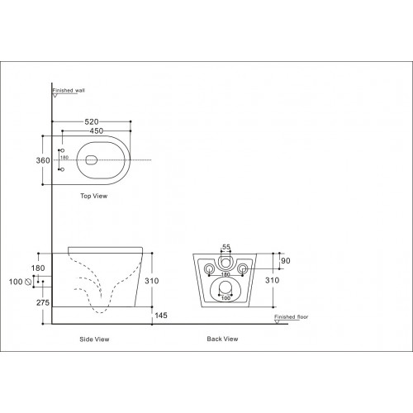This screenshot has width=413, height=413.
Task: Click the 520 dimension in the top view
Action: pos(92,121)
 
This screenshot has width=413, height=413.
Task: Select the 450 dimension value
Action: pos(97,131)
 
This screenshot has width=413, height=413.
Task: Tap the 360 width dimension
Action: pos(43,160)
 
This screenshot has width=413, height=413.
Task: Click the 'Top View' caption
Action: pos(94,196)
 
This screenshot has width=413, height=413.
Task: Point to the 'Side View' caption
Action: pos(94,339)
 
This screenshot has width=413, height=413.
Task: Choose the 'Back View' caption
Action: pos(222,339)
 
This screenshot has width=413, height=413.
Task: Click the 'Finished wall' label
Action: pos(69,90)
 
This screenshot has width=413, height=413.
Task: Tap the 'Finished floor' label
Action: pos(292,317)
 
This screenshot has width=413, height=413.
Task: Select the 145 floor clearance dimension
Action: pos(161,316)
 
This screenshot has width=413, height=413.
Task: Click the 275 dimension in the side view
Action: pos(43,302)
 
